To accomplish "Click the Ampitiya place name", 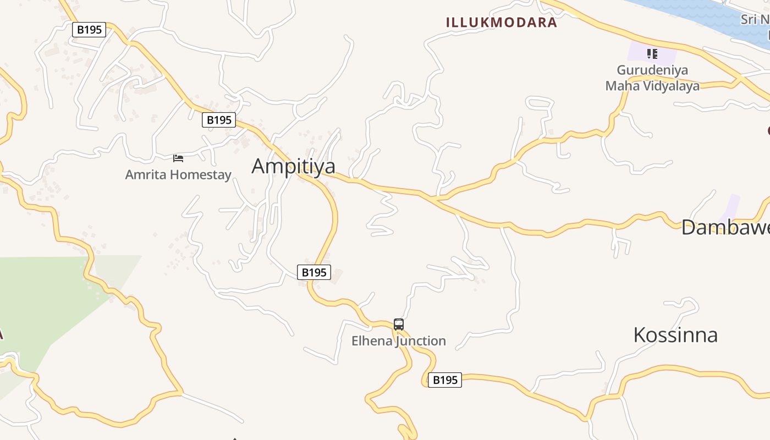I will click(293, 166).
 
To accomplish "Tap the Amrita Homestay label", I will click(178, 175).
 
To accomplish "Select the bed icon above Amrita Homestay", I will click(178, 158).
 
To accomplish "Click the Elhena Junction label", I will click(399, 341).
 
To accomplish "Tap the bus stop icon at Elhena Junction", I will click(399, 324).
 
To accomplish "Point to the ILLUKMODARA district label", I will click(501, 23).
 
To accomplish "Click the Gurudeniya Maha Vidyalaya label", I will click(652, 78).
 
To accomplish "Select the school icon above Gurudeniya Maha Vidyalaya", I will click(652, 54).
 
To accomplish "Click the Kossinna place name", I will click(675, 335).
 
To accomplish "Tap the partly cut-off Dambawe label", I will click(725, 227).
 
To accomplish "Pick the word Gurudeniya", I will click(652, 70).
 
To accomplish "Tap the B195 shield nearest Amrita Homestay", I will click(219, 120).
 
